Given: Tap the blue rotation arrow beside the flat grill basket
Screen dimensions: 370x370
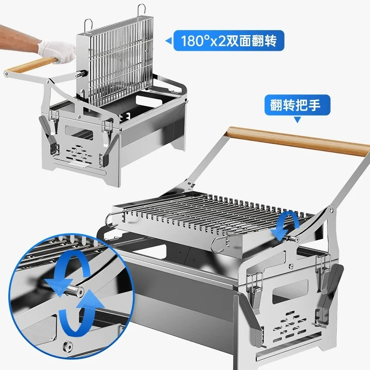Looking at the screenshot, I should [x=286, y=225].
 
